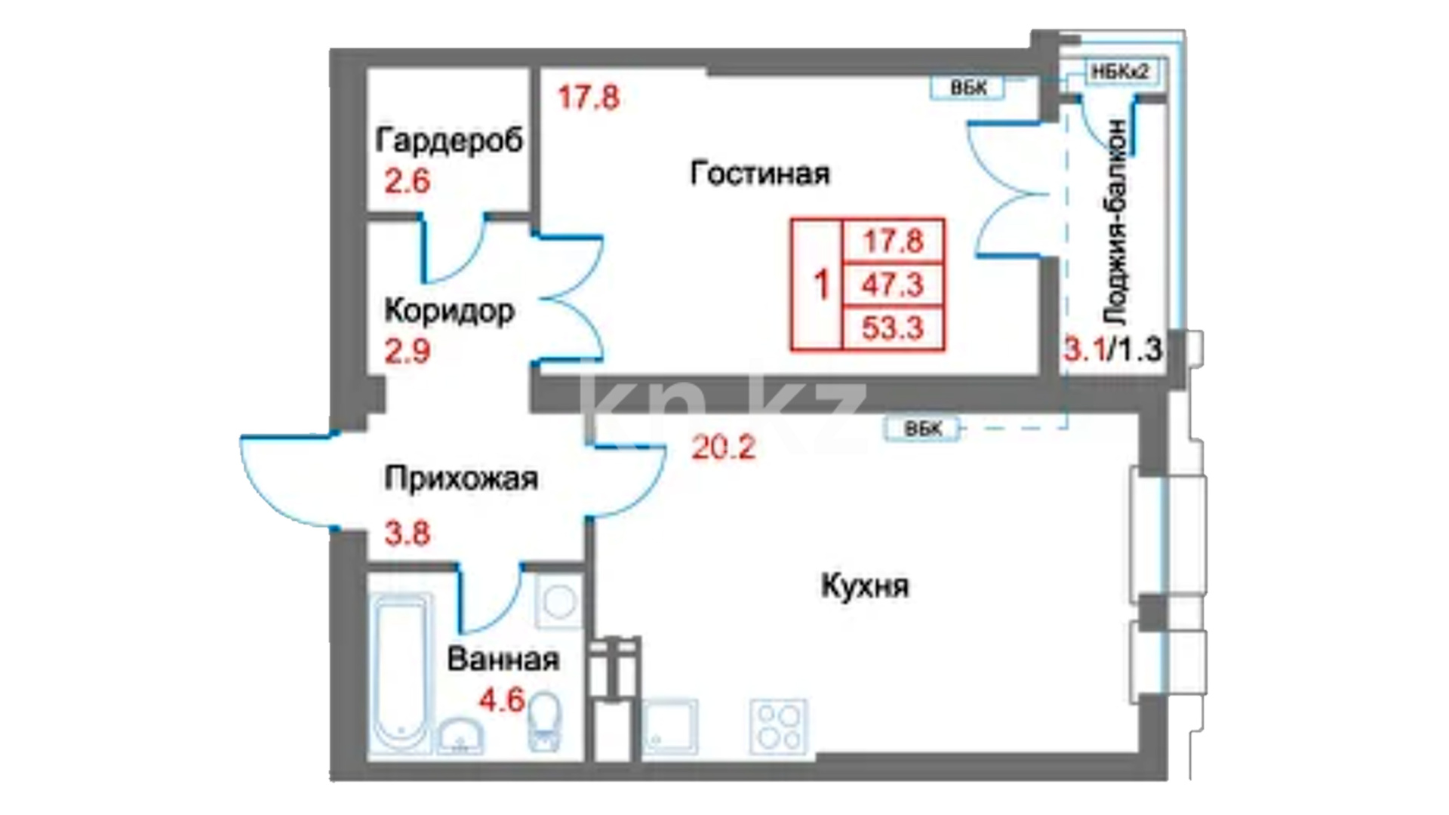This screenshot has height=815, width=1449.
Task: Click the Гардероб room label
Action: [449, 140]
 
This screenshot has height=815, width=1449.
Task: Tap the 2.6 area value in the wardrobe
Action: [407, 181]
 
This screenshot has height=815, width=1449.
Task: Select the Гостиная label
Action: [760, 174]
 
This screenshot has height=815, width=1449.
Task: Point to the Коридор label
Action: [450, 310]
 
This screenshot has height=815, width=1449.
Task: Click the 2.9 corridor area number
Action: [408, 352]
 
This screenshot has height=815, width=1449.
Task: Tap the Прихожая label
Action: [461, 478]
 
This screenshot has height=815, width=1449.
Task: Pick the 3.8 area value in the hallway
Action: [408, 534]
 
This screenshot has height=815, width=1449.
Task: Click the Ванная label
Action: [503, 660]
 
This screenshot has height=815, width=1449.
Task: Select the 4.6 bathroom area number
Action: [502, 700]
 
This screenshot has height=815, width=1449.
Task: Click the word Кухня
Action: [865, 586]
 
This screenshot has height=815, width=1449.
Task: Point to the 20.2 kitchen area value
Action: [724, 448]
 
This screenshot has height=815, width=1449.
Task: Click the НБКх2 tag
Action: [1121, 72]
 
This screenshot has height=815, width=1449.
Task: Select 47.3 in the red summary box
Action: [894, 285]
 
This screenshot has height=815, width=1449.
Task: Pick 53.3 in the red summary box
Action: [894, 328]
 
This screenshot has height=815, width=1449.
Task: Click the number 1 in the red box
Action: [821, 285]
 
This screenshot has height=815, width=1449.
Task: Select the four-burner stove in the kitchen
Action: [778, 727]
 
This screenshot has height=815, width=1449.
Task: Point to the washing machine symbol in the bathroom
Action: [558, 601]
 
